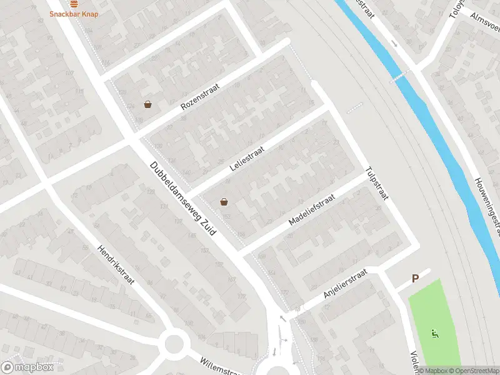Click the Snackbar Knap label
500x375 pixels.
point(74,14)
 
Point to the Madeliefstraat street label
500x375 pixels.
point(312,209)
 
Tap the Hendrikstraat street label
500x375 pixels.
point(116,265)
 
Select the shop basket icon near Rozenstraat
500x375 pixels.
point(147,104)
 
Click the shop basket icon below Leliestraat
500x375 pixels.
point(224,201)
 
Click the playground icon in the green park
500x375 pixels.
point(434,332)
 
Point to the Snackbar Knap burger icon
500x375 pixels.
point(74,3)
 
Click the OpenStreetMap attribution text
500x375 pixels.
point(473,371)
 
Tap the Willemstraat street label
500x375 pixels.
point(220,367)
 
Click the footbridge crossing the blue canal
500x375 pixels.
point(397,77)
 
